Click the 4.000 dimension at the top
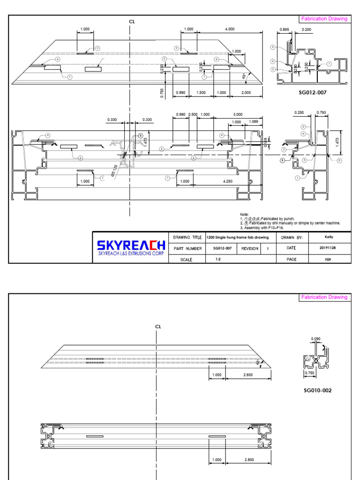[x=230, y=29]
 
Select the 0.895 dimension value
[x=284, y=29]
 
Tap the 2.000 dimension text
[x=246, y=93]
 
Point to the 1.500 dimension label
[x=201, y=93]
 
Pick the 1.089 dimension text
[x=254, y=122]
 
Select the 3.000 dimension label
[x=238, y=115]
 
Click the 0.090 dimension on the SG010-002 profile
[x=316, y=338]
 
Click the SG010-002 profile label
[x=317, y=390]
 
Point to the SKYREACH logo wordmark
[x=131, y=245]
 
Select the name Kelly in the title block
[x=329, y=237]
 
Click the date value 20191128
[x=329, y=248]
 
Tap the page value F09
[x=329, y=259]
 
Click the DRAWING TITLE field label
[x=187, y=238]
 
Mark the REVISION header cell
[x=250, y=248]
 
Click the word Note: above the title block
[x=244, y=214]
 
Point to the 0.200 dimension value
[x=307, y=29]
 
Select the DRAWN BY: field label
[x=292, y=238]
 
